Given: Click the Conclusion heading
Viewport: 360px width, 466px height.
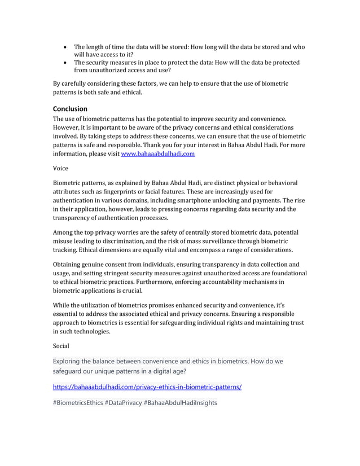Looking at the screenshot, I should [70, 108].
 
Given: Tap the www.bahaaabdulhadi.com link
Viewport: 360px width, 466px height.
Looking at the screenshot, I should [158, 153].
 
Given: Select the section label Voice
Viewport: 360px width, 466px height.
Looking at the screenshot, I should [61, 168].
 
